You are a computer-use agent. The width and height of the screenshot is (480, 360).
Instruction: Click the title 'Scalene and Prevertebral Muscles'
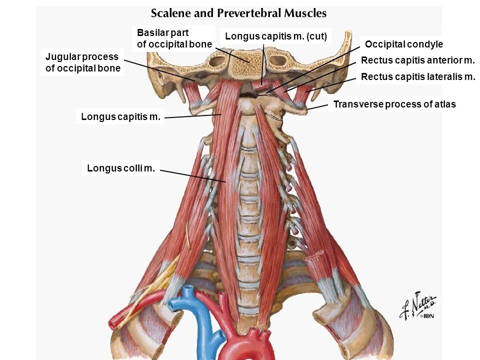238,13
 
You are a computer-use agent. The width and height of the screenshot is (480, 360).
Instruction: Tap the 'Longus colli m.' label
120,168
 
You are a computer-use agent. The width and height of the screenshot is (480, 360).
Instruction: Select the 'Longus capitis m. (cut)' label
275,36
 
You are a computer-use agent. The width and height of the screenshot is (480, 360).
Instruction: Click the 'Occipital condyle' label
404,44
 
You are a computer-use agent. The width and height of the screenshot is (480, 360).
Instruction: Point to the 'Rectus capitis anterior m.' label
417,60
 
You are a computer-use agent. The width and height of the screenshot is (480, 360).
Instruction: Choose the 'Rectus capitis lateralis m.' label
418,76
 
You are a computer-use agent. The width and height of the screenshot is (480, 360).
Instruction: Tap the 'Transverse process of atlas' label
394,104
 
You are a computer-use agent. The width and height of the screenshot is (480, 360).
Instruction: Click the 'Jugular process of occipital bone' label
82,62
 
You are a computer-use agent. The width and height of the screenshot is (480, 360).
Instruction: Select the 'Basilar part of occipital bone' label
174,38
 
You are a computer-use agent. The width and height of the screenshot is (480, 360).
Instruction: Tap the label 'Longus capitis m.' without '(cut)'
120,117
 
